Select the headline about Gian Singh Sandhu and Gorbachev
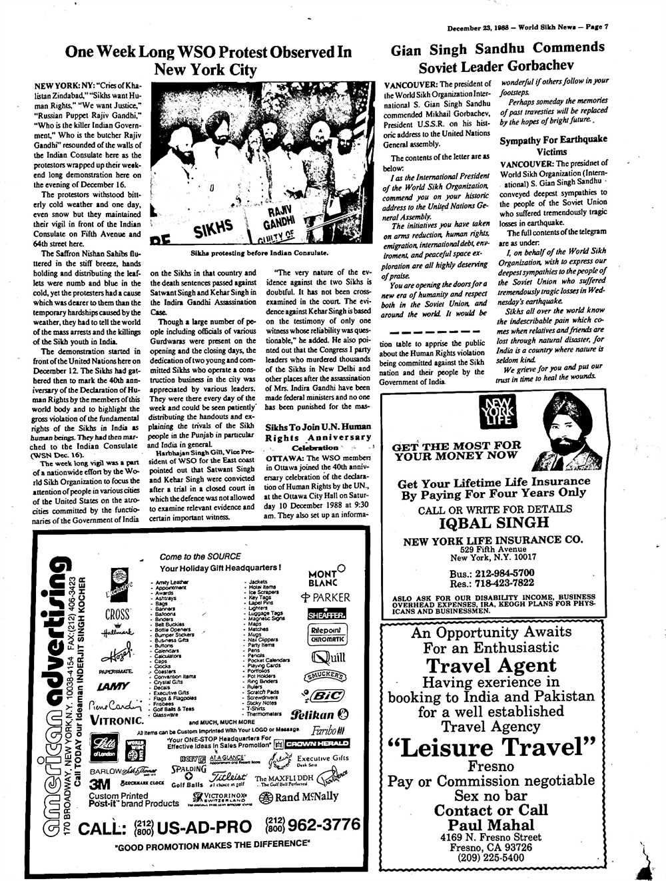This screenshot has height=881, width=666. click(x=498, y=57)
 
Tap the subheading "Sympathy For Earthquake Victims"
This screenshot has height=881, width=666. click(x=554, y=145)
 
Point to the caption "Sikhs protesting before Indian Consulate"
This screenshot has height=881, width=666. click(x=259, y=253)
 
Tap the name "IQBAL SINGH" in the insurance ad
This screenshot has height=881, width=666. click(x=492, y=523)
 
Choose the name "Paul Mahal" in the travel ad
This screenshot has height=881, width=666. click(x=492, y=826)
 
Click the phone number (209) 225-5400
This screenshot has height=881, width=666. click(x=491, y=858)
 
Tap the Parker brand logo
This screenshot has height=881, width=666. click(x=325, y=597)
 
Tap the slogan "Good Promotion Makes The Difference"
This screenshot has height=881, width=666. click(x=212, y=845)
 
